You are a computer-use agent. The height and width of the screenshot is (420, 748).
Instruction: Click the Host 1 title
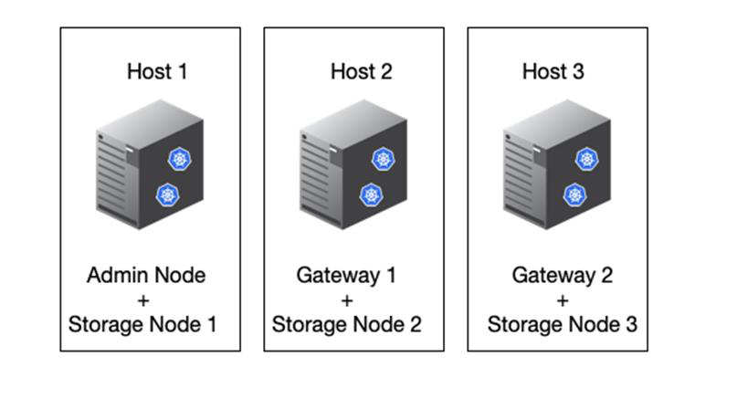[157, 71]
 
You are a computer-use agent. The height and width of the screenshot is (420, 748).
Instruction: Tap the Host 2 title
[361, 71]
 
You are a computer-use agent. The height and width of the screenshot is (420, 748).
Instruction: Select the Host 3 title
[553, 71]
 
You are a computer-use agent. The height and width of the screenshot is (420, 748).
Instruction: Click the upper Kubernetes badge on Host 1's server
[179, 159]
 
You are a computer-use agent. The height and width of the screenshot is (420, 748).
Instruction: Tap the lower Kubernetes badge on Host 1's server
[166, 194]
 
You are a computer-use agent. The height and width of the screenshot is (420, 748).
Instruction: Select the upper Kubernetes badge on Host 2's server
[383, 159]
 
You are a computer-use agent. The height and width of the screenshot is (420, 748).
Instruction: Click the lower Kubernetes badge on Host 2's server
[370, 194]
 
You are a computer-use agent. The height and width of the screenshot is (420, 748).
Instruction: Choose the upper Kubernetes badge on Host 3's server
[586, 159]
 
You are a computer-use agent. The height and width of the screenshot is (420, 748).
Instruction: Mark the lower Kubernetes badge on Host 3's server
[574, 194]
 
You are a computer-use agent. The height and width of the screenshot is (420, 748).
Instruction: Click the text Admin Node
[146, 275]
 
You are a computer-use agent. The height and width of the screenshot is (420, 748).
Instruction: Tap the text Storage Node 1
[142, 324]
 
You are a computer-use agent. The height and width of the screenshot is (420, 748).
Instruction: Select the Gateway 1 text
[346, 275]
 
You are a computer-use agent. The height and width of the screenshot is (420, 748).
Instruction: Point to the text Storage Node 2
[346, 324]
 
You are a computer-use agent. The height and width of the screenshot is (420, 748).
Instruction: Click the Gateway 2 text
[562, 275]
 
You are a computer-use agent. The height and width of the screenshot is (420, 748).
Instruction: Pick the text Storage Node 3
[562, 324]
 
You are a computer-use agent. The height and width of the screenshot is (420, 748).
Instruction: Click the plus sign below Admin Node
[143, 299]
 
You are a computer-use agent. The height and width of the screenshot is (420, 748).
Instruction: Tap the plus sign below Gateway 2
[562, 299]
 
